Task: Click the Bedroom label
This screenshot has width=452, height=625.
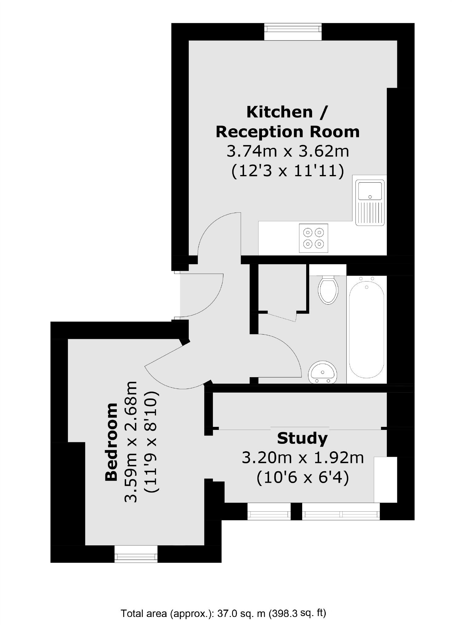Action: pos(112,442)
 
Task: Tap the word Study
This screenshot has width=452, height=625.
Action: pos(302,438)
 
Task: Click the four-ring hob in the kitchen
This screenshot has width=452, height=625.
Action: pos(313,238)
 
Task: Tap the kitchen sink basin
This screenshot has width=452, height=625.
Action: pos(370,190)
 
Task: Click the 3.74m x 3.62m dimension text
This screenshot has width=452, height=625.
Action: pos(288,151)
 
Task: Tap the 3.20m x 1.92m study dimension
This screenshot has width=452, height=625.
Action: pos(302,458)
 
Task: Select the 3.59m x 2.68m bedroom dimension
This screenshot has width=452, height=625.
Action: pos(130,442)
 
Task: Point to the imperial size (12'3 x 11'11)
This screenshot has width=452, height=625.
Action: pos(288,171)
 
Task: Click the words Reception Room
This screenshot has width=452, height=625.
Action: pos(288,132)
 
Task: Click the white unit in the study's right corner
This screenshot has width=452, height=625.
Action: pos(385,479)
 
